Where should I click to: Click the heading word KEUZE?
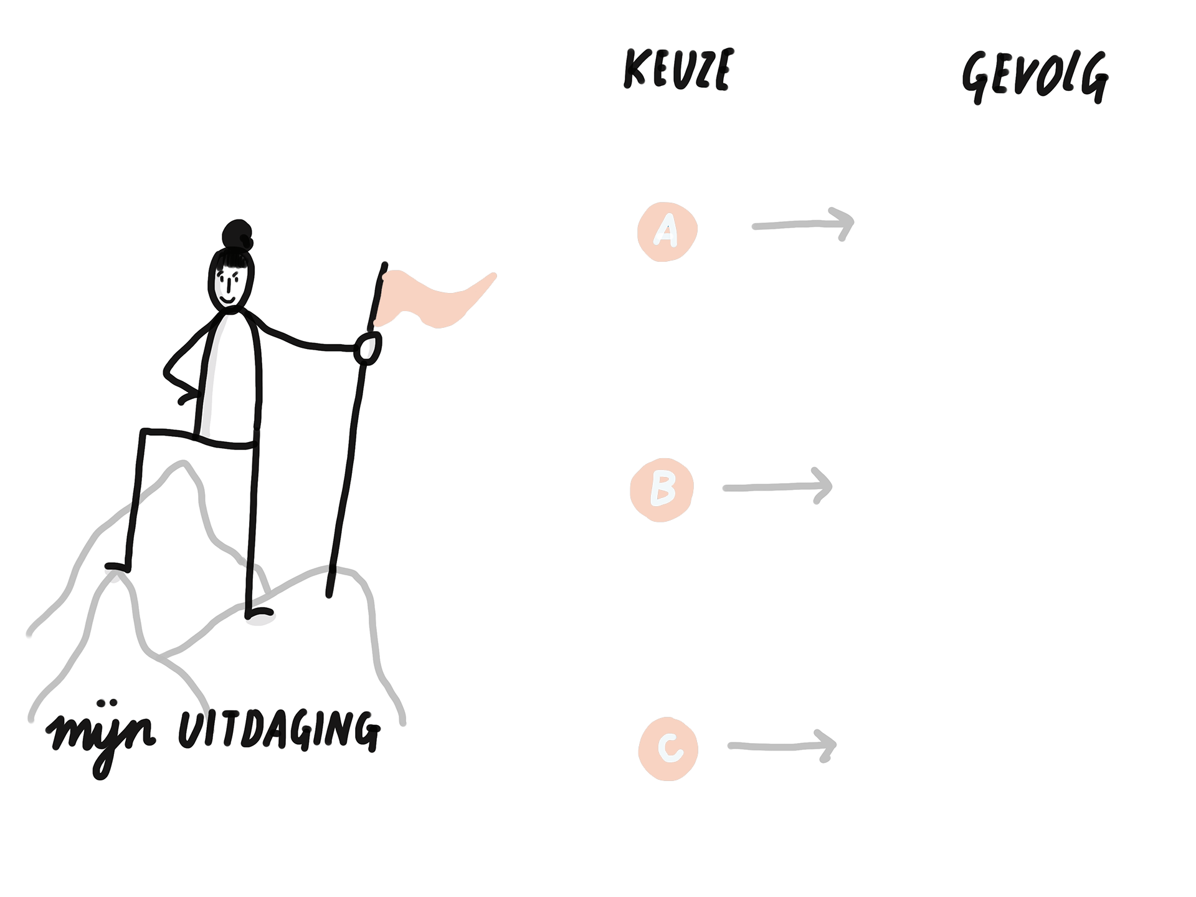coord(678,69)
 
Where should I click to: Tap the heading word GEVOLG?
coord(1035,76)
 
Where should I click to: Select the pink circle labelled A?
coord(667,231)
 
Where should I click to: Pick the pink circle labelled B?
coord(662,490)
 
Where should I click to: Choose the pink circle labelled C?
coord(668,749)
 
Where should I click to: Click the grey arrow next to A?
coord(804,224)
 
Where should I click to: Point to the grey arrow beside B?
coord(778,487)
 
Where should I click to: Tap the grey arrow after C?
coord(782,746)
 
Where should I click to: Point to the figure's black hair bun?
coord(237,234)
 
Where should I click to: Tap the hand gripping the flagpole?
coord(368,348)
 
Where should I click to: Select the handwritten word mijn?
coord(101,736)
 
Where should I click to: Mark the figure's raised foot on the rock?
coord(117,567)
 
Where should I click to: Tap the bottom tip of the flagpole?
coord(329,595)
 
